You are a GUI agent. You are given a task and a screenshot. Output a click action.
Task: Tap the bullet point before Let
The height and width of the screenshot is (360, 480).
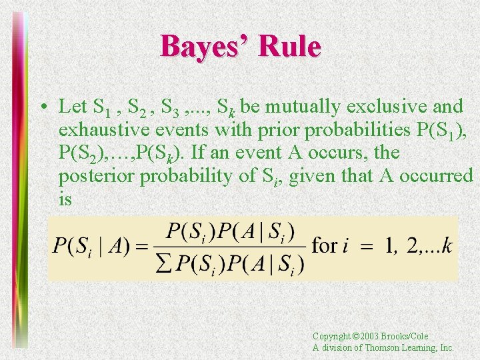click(42, 107)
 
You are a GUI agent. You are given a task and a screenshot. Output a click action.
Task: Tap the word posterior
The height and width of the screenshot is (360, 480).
click(94, 177)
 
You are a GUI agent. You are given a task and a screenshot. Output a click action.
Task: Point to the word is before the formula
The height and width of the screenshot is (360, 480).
click(65, 199)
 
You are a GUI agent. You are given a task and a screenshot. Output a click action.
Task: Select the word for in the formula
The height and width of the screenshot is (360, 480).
click(324, 246)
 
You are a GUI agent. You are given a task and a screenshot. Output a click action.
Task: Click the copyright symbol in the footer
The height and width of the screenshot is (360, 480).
click(355, 337)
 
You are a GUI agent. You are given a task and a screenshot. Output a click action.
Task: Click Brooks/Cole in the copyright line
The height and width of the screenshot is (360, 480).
click(406, 337)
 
